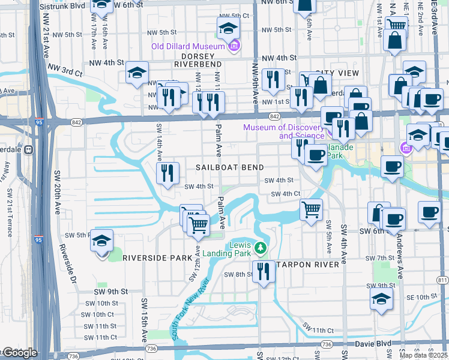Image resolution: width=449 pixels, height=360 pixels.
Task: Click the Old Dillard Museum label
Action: [187, 46]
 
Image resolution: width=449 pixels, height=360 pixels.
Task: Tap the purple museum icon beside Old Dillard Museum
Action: [234, 46]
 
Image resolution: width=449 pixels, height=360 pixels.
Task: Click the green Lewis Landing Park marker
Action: [260, 247]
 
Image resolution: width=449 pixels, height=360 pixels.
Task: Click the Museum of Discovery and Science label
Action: [283, 131]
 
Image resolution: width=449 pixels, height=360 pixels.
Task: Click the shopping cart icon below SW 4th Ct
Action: [311, 210]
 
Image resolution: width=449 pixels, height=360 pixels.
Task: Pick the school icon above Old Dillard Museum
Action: [228, 28]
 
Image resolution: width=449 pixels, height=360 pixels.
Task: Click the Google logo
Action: [19, 353]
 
